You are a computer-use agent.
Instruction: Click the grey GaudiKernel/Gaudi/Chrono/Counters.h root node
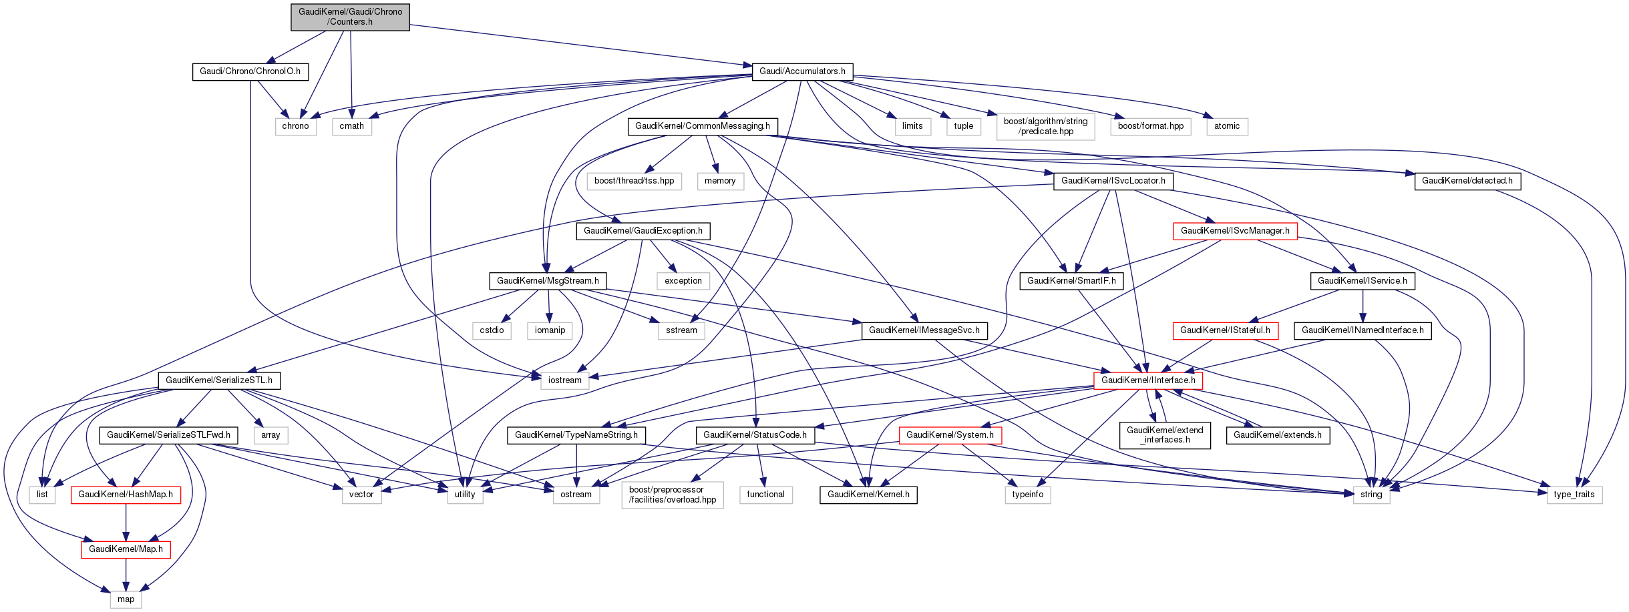[350, 17]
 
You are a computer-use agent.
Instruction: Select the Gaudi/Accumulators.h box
[802, 71]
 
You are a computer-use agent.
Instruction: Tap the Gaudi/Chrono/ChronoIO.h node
[250, 71]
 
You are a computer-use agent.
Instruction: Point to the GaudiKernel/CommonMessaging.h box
[702, 126]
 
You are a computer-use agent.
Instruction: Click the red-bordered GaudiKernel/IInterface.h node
[1148, 380]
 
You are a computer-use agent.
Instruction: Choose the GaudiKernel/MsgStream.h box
[548, 281]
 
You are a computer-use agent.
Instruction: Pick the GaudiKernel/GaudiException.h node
[643, 231]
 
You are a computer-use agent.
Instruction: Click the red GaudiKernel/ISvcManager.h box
[1235, 231]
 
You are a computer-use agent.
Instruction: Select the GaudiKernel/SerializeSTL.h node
[219, 380]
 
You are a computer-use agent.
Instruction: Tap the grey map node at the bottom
[126, 599]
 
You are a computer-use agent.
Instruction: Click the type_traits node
[1574, 495]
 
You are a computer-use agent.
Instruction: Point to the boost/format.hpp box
[1150, 126]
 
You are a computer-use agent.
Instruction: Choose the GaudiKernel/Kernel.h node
[868, 495]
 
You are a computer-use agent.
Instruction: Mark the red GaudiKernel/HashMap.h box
[126, 495]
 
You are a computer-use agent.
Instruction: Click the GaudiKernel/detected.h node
[1467, 181]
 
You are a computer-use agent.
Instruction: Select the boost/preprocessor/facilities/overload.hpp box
[672, 495]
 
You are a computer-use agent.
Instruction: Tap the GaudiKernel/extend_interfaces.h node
[1165, 435]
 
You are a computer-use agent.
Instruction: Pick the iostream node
[564, 380]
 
